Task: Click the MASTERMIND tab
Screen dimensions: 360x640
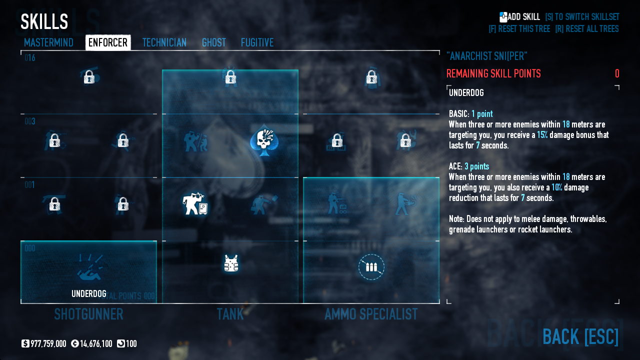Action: click(x=48, y=42)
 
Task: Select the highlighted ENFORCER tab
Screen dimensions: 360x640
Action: click(x=108, y=42)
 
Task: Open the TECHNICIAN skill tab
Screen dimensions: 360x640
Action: click(x=164, y=42)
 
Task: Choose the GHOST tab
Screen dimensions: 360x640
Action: click(x=213, y=42)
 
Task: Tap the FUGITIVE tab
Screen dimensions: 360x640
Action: click(x=257, y=42)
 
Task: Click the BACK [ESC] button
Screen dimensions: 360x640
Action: click(x=580, y=336)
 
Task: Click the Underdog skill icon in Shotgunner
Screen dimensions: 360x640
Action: click(x=89, y=267)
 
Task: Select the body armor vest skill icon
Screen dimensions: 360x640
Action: click(x=230, y=263)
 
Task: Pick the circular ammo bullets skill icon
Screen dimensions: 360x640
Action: click(x=371, y=267)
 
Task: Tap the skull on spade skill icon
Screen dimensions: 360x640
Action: click(x=263, y=140)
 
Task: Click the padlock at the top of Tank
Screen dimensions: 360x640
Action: click(x=230, y=77)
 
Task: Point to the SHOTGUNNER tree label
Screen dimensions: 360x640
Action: click(x=88, y=314)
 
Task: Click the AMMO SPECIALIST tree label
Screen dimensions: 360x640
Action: click(x=370, y=314)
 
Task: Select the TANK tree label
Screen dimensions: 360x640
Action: click(x=230, y=314)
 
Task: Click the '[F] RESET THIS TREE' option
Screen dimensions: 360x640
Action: click(x=519, y=29)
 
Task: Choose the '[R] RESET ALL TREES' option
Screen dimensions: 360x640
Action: click(x=586, y=29)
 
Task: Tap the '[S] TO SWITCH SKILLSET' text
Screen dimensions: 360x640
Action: click(x=582, y=17)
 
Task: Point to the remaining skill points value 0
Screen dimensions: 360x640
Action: click(x=617, y=74)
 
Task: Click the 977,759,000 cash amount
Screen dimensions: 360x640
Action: click(x=48, y=344)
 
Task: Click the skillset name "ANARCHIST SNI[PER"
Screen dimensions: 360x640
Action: click(x=486, y=56)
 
